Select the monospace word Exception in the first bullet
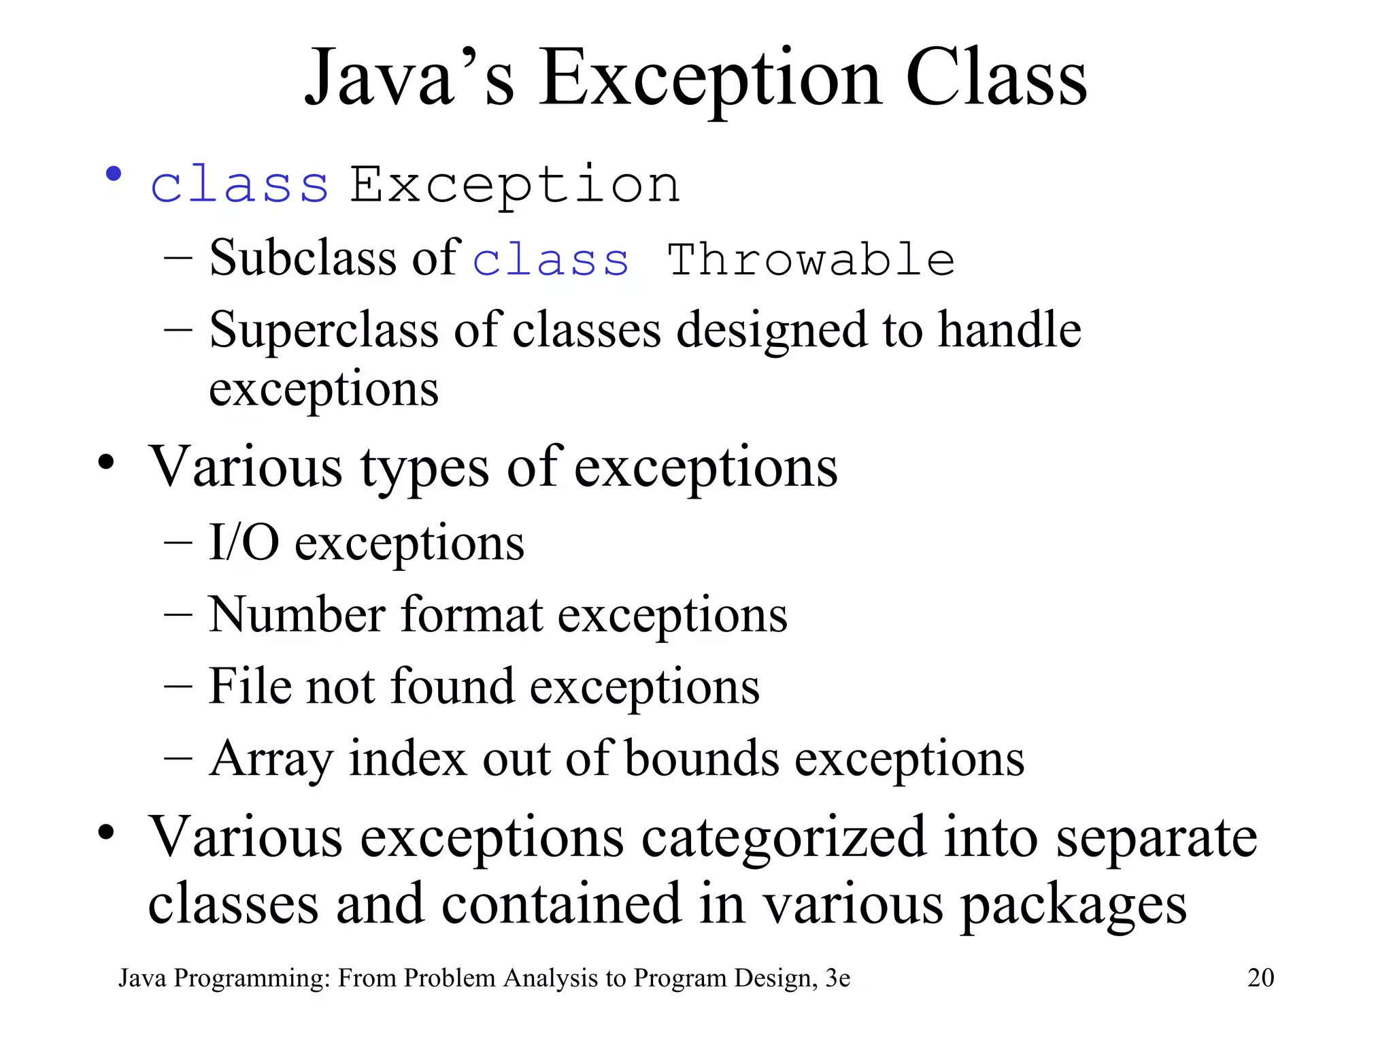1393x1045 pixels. (x=515, y=185)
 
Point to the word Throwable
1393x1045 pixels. (x=811, y=260)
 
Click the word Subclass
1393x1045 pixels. (x=303, y=259)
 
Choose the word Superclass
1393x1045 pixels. (x=324, y=331)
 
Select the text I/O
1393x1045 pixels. (x=244, y=542)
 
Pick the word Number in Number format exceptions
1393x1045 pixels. (x=297, y=615)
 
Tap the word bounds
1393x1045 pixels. (x=701, y=758)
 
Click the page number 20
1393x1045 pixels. (x=1260, y=978)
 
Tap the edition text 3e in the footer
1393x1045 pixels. (x=837, y=978)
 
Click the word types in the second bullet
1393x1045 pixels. (x=424, y=469)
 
